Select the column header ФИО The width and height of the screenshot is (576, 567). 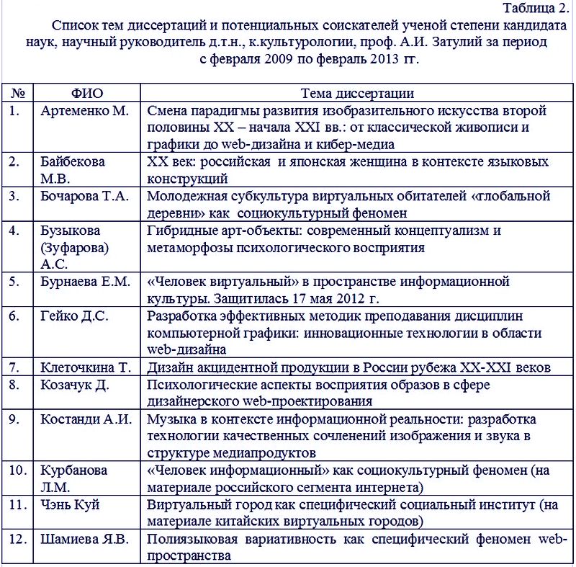tap(88, 94)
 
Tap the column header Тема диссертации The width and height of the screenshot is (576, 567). tap(357, 94)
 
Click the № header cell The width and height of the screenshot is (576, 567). tap(19, 94)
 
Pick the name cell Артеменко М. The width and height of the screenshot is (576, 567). tap(84, 111)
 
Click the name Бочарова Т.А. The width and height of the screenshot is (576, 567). tap(86, 196)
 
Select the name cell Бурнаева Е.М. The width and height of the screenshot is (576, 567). tap(86, 281)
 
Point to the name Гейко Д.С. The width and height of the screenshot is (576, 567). tap(74, 316)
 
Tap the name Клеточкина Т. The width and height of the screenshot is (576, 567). tap(86, 367)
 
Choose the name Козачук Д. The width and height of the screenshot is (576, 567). tap(75, 385)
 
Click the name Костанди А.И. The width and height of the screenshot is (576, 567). tap(86, 419)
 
